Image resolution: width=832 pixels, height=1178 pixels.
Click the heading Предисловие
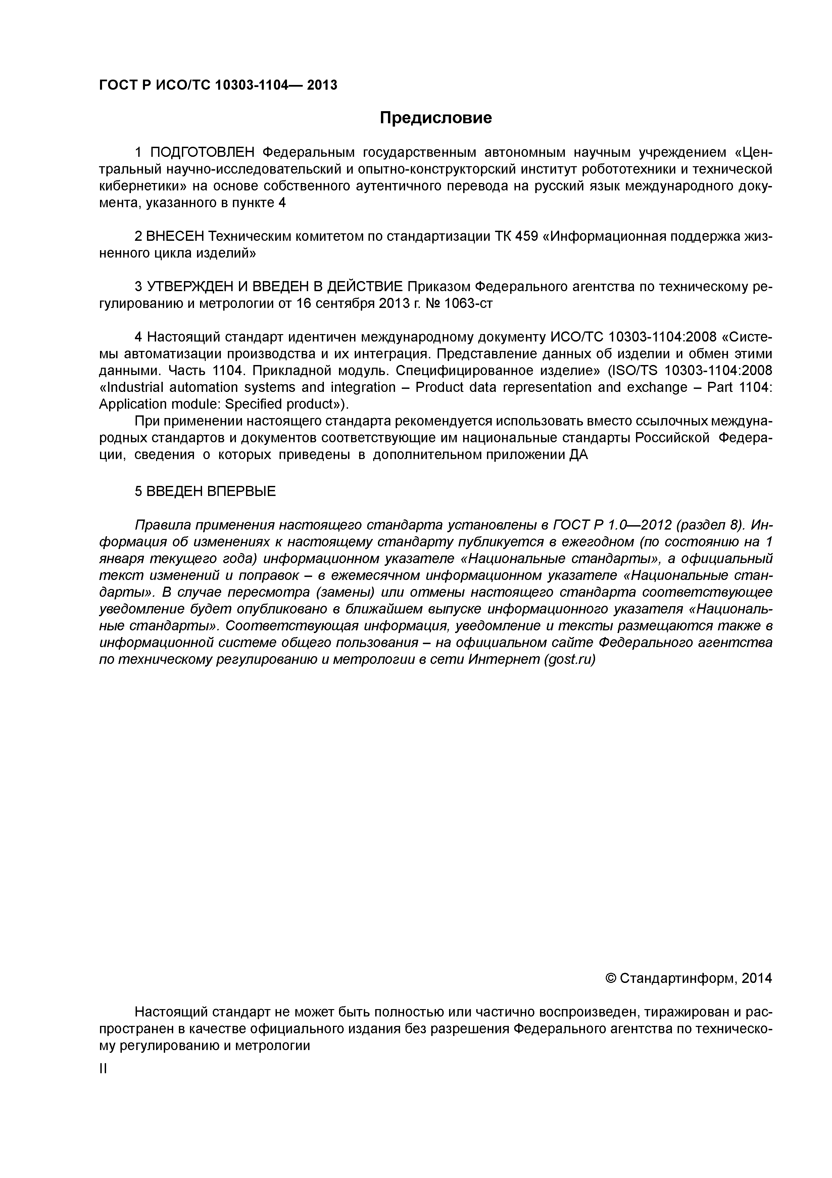435,118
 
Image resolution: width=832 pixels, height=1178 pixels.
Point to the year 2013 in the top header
322,85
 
